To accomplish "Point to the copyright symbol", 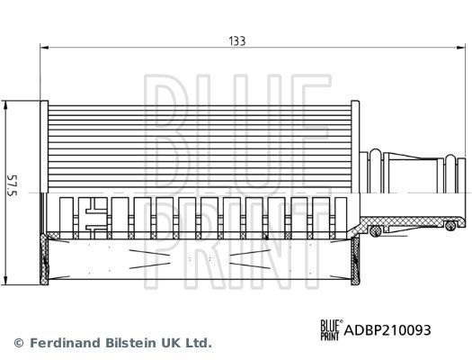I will click(19, 343).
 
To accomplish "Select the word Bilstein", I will click(123, 343).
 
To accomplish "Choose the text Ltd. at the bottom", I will click(198, 343).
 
